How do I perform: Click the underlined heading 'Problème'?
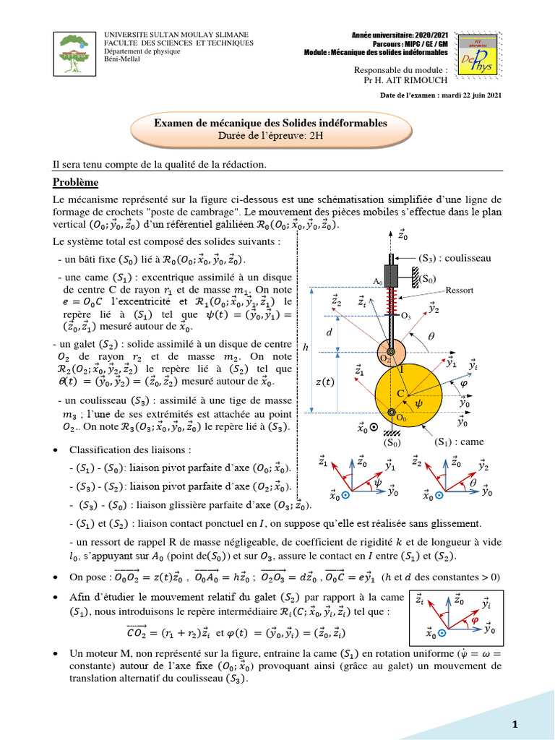(75, 182)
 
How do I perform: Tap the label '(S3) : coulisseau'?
(455, 257)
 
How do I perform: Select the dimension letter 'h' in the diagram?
(305, 348)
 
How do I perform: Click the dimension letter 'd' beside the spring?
(330, 333)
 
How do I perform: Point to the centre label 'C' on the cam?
(397, 392)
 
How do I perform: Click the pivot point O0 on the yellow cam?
(392, 414)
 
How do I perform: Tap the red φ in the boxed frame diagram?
(474, 619)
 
